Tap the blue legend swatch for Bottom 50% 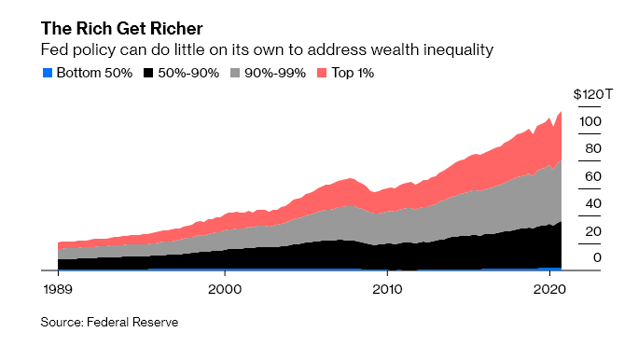coord(47,73)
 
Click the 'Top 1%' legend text coord(354,73)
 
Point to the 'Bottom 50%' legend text coord(94,73)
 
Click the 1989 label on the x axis coord(58,289)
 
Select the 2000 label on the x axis coord(224,289)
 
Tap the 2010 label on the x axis coord(386,289)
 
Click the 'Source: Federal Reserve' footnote coord(109,323)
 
